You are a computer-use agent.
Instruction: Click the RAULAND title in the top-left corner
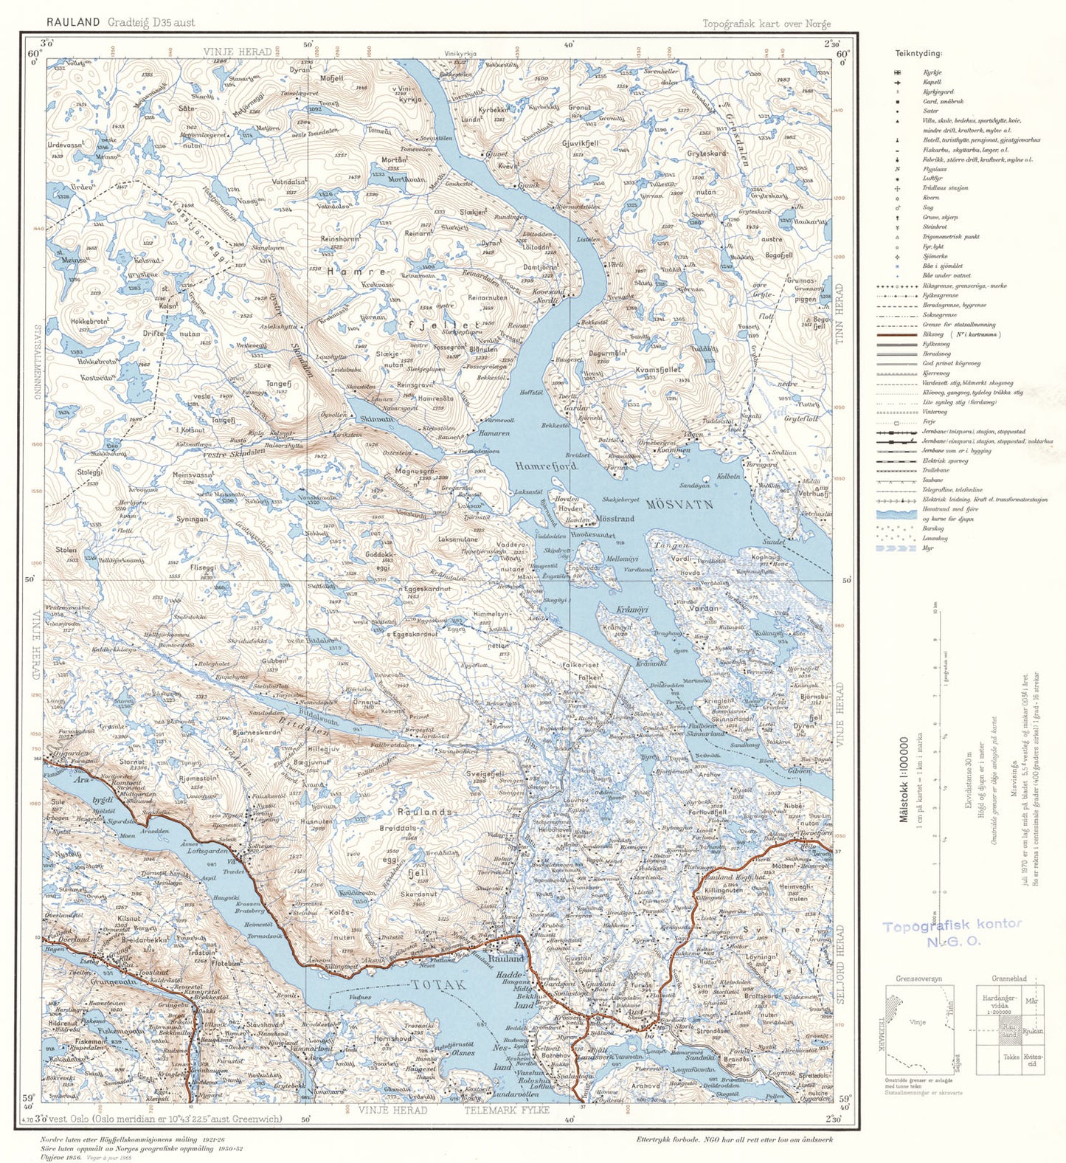(72, 22)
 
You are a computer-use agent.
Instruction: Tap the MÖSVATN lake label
(679, 505)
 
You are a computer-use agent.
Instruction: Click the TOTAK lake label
(439, 984)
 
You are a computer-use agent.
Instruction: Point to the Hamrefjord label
(547, 466)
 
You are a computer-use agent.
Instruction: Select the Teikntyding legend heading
(918, 53)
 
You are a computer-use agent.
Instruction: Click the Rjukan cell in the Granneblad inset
(1033, 1031)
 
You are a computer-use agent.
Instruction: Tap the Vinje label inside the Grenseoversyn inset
(918, 1023)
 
